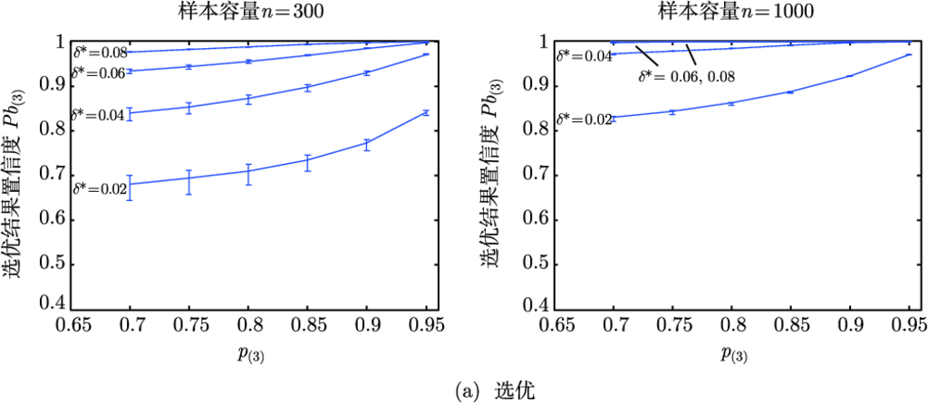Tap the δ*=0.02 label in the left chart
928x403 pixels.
tap(99, 189)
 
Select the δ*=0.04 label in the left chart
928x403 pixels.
tap(98, 116)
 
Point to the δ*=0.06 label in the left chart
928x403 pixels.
tap(98, 72)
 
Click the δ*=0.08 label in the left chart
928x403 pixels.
tap(98, 52)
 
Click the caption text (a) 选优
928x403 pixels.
tap(463, 391)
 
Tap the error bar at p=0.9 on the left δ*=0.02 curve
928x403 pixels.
tap(367, 144)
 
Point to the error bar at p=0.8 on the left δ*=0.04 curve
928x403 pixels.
tap(248, 99)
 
